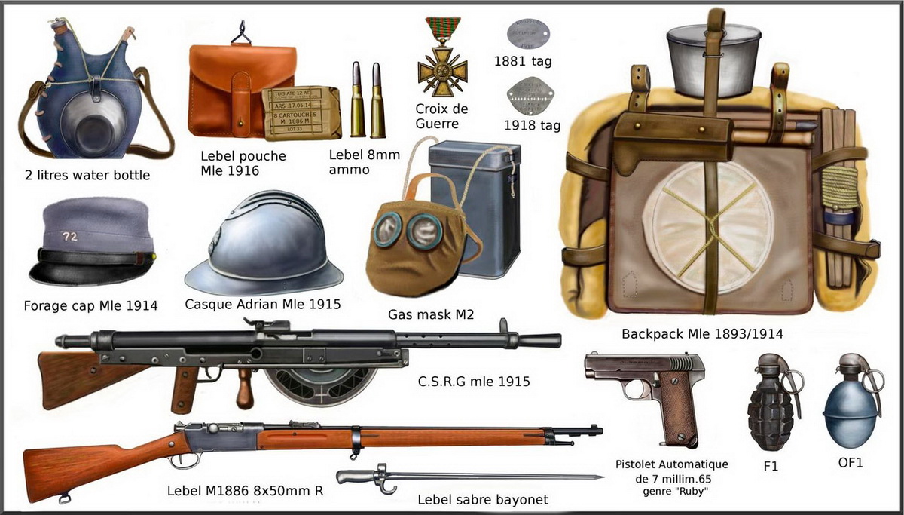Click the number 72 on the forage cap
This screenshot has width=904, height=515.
click(x=70, y=236)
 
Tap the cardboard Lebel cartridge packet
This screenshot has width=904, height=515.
click(x=301, y=114)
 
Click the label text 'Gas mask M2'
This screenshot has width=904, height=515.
click(x=430, y=314)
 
